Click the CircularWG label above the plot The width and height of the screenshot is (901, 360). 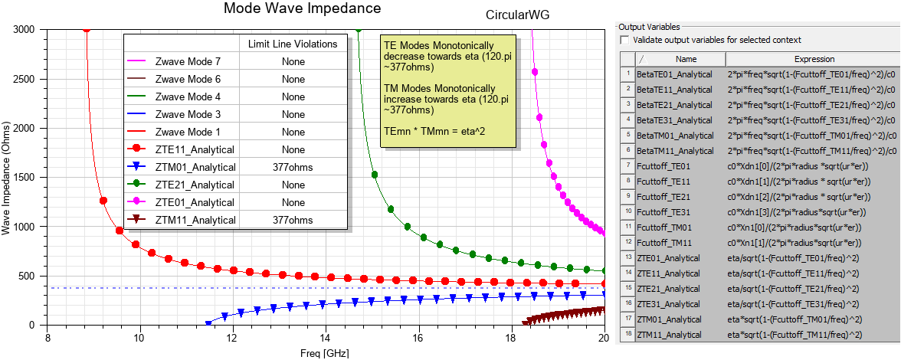517,15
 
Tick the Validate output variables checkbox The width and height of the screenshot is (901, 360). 624,40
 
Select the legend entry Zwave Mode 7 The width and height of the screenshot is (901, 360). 188,62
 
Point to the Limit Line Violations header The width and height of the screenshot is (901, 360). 293,44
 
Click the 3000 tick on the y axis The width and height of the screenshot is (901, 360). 25,29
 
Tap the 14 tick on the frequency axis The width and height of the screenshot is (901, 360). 326,339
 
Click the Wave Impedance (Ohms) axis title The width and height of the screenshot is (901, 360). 7,177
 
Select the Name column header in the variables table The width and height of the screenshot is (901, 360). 686,59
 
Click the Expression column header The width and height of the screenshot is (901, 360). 813,59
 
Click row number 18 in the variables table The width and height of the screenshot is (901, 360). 627,335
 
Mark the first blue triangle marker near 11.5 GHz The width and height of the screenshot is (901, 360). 208,324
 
